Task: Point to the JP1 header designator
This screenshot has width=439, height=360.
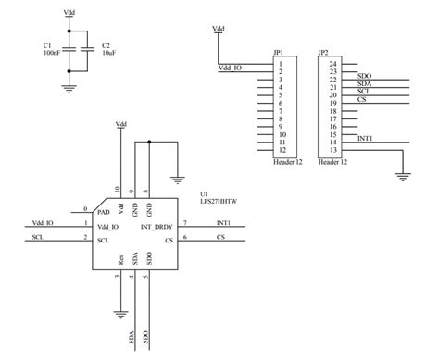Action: (278, 52)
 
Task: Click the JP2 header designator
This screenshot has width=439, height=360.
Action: (322, 52)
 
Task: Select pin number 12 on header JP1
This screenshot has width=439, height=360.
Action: (280, 150)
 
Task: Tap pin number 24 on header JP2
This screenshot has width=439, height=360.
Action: (332, 63)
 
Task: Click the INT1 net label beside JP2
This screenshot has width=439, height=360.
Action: (365, 137)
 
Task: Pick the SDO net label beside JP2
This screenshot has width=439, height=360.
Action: (364, 76)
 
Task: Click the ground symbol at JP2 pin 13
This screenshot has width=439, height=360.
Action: (403, 172)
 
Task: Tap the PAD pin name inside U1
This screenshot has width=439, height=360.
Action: (104, 212)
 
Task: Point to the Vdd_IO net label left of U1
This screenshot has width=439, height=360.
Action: (42, 223)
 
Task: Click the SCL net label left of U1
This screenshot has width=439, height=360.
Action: (37, 239)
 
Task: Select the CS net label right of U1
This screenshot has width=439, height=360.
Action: (220, 239)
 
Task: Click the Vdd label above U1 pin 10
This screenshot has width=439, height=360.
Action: (119, 124)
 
